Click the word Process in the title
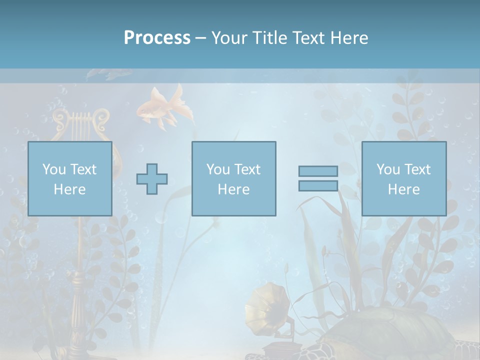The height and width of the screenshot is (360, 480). pos(157,38)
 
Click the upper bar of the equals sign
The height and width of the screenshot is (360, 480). pos(318,171)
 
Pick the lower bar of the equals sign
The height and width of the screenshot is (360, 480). pos(318,185)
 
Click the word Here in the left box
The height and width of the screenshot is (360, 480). pos(70,189)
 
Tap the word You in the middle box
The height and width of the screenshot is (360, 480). pos(218,169)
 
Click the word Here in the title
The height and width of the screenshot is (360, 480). pos(349,38)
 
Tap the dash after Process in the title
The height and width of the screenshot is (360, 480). pos(200,38)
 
